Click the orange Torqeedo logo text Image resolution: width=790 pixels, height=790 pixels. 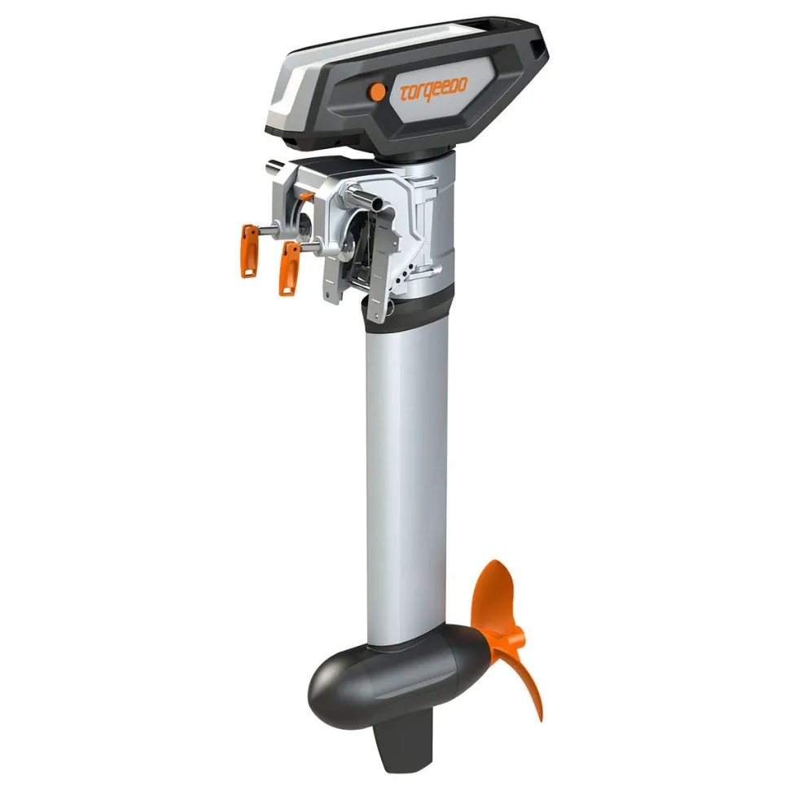(433, 89)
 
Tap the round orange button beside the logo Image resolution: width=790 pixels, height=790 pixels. (377, 90)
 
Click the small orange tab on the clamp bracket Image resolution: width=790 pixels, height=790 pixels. (308, 196)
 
